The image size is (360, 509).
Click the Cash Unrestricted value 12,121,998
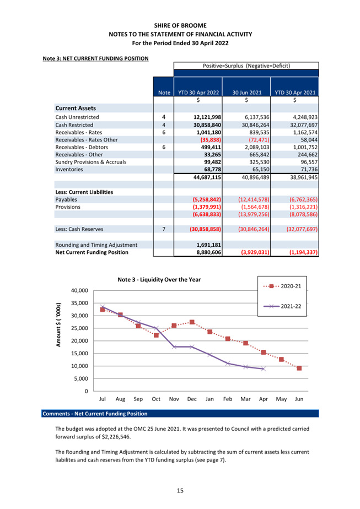coord(207,117)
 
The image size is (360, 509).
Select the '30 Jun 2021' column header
coord(246,93)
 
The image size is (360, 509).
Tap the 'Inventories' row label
coord(69,170)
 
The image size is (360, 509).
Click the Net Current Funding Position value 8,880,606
coord(209,252)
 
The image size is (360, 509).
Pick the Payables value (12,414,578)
coord(254,199)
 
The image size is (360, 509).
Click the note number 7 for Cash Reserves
coord(164,229)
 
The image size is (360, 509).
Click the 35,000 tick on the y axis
coord(79,303)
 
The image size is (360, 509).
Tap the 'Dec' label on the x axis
coord(192,399)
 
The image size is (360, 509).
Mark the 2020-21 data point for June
coord(299,368)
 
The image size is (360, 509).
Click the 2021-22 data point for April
coord(263,369)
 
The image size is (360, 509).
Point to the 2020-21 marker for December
coord(192,322)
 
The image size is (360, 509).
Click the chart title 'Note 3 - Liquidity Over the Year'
coord(159,279)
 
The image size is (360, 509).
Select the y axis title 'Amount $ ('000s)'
coord(58,324)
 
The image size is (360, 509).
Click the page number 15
coord(180,490)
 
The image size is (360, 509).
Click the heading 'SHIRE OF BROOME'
coord(180,25)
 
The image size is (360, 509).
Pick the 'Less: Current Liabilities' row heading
coord(84,192)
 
